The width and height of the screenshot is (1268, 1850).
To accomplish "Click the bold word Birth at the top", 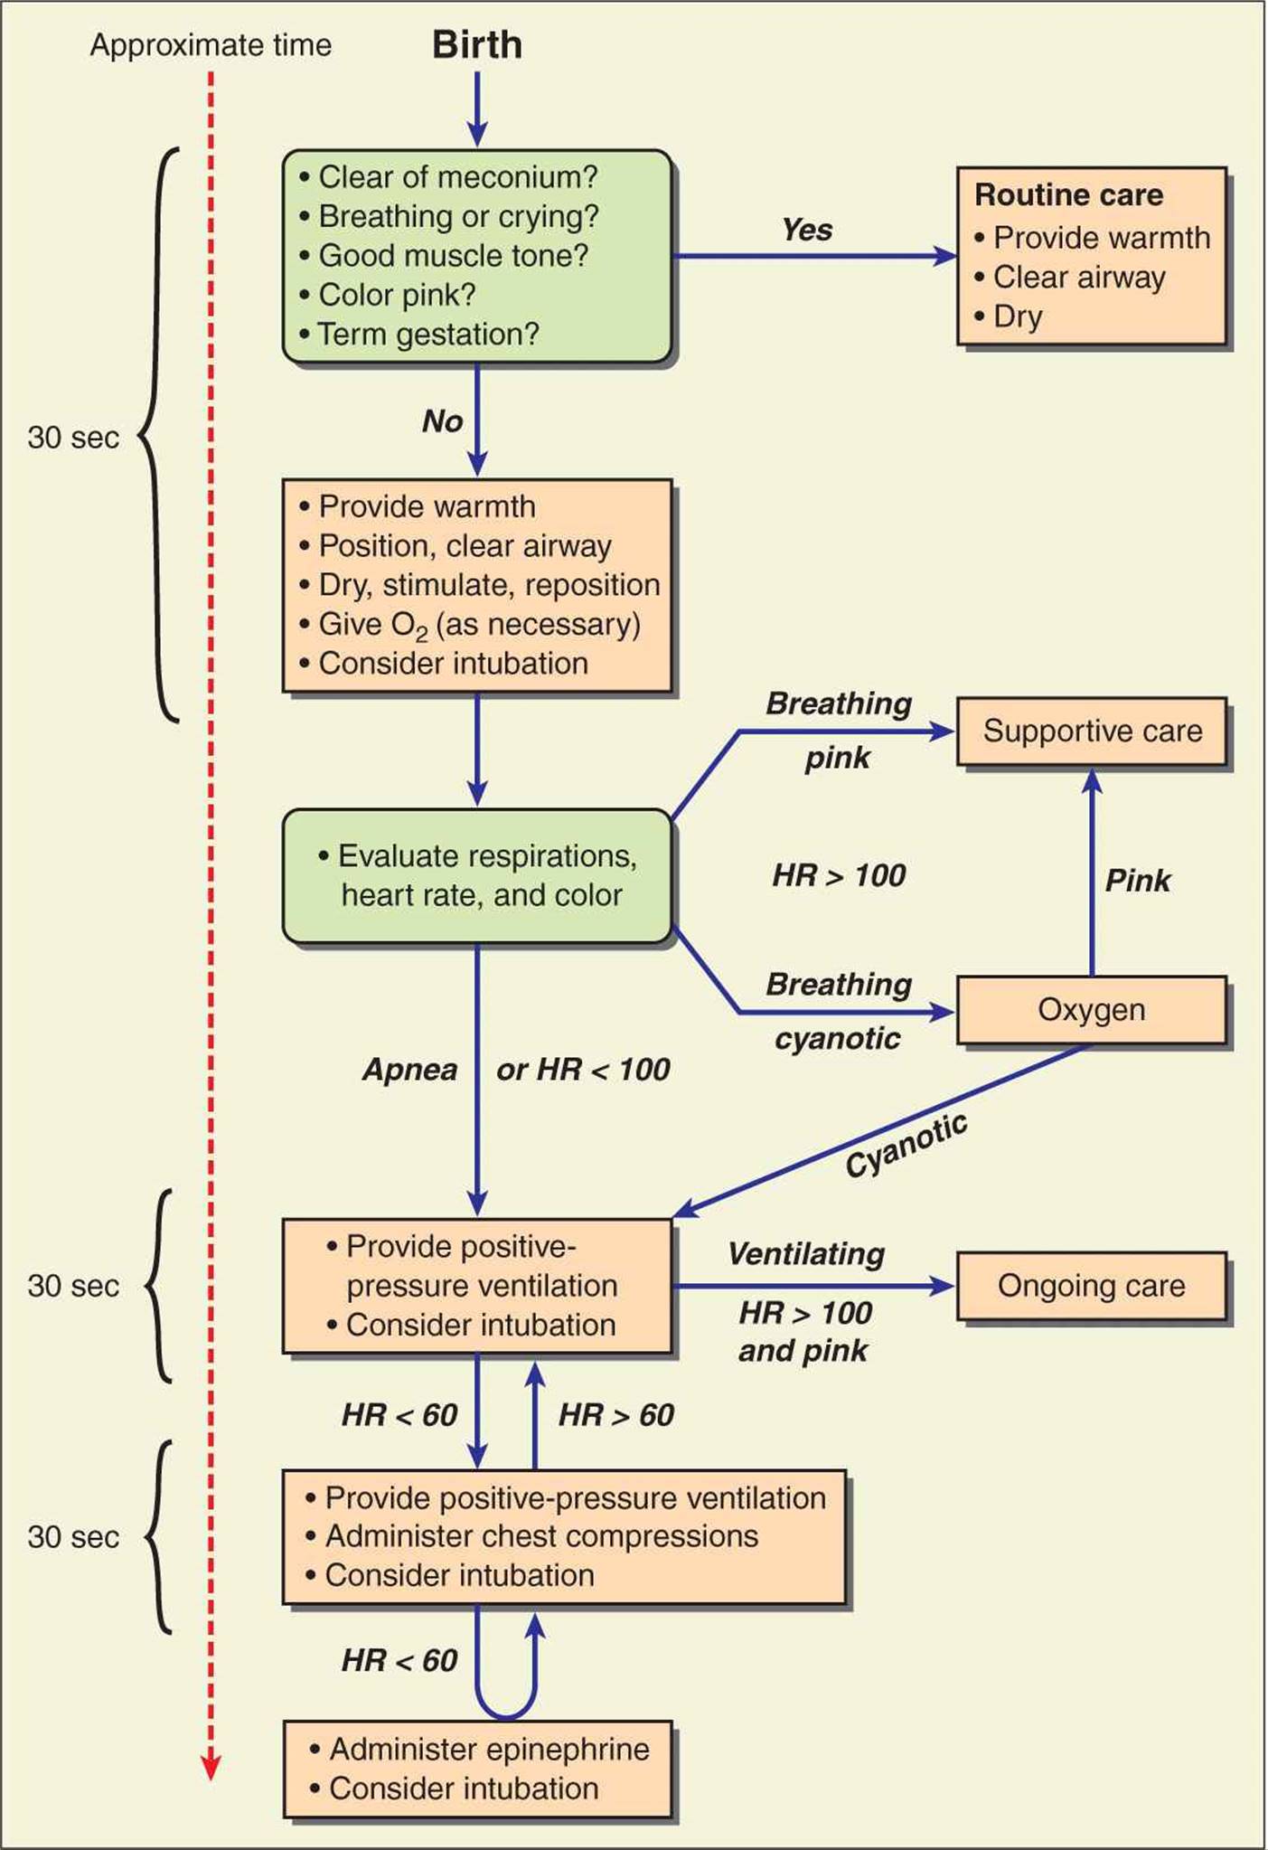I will [x=476, y=45].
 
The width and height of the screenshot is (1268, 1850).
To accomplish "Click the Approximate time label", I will [x=211, y=45].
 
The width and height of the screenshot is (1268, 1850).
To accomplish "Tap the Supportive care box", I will [x=1092, y=731].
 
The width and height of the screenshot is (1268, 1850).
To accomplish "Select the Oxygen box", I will [x=1092, y=1009].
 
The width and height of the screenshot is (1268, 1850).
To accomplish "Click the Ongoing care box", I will [x=1092, y=1285].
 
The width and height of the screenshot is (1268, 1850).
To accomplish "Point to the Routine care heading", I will [x=1068, y=194].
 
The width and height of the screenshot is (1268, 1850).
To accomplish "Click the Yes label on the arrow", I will [x=806, y=230].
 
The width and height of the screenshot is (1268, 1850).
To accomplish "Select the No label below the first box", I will [x=442, y=420].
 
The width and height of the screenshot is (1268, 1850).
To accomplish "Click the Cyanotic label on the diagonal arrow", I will [x=906, y=1146].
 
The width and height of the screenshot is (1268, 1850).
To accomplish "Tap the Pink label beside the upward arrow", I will [x=1137, y=880].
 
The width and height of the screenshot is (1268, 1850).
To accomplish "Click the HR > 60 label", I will [x=616, y=1415].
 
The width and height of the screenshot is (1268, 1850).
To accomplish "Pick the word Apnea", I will [x=409, y=1070].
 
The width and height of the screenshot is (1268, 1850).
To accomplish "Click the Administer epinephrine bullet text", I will [x=489, y=1749].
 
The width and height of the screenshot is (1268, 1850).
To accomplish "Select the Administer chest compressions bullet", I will [x=541, y=1535].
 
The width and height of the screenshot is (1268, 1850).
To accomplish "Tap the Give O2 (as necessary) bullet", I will [x=479, y=624].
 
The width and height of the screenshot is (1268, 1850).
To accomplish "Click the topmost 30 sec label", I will [x=73, y=438].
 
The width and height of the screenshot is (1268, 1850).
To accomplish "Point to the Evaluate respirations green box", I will [x=477, y=875].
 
